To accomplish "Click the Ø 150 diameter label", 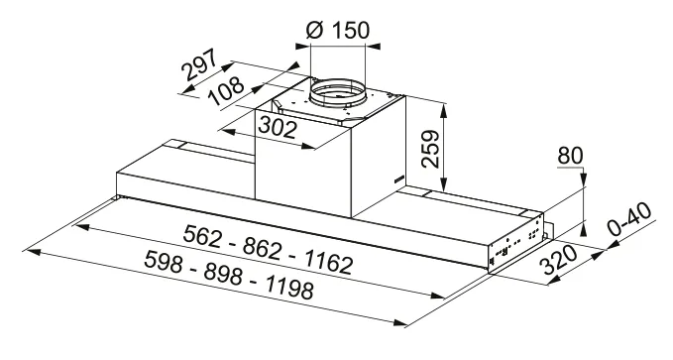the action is tap(338, 30).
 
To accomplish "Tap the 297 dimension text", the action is tap(199, 64).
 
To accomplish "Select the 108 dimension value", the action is tap(225, 91).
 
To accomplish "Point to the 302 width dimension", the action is tap(278, 127).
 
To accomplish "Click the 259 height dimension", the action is tap(430, 149).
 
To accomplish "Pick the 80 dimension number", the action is tap(570, 156).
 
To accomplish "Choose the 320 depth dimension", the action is tap(560, 260).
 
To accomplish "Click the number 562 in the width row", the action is tap(202, 236).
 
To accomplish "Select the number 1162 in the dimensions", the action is tap(329, 261).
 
